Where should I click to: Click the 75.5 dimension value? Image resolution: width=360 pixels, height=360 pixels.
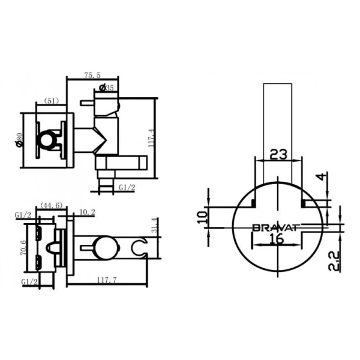click(x=92, y=75)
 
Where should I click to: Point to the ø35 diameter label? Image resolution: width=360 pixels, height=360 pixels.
click(x=106, y=88)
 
